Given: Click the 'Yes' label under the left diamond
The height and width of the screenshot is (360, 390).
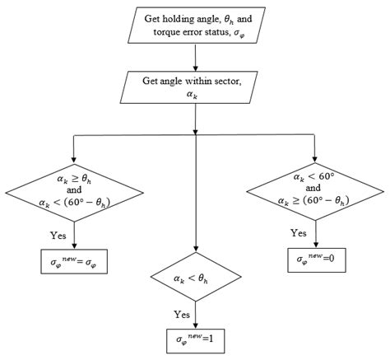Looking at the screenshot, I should pyautogui.click(x=58, y=236).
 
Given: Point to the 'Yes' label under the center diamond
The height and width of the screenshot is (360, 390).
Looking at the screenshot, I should pyautogui.click(x=180, y=314).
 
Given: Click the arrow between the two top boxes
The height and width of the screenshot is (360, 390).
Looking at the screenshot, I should pyautogui.click(x=195, y=57).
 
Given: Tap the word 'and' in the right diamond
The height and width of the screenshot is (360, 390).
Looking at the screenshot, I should pyautogui.click(x=316, y=188).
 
